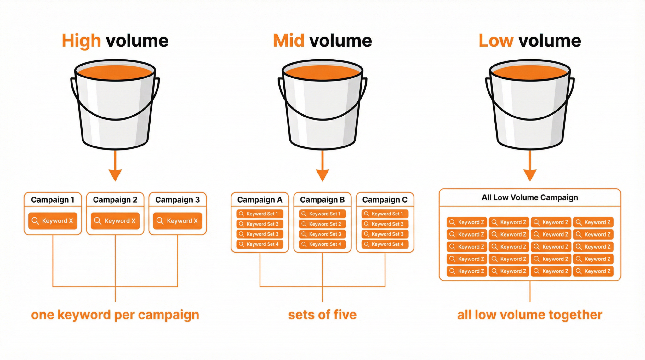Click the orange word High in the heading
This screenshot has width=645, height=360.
pyautogui.click(x=81, y=41)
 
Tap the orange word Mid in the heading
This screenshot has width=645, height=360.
pyautogui.click(x=288, y=41)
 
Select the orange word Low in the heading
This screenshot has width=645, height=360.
pyautogui.click(x=496, y=41)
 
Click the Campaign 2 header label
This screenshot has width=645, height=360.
pyautogui.click(x=115, y=200)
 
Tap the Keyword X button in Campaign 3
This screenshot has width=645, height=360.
pyautogui.click(x=178, y=221)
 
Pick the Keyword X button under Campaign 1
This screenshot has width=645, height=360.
pyautogui.click(x=53, y=221)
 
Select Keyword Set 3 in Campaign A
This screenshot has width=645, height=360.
pyautogui.click(x=260, y=234)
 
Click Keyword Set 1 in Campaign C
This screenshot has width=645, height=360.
pyautogui.click(x=385, y=214)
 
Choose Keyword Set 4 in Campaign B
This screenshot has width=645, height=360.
pyautogui.click(x=322, y=244)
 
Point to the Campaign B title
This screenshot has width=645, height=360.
pyautogui.click(x=322, y=200)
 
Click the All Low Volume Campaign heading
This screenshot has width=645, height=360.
pyautogui.click(x=530, y=197)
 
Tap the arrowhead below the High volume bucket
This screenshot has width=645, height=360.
pyautogui.click(x=115, y=174)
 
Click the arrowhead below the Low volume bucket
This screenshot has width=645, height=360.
pyautogui.click(x=530, y=174)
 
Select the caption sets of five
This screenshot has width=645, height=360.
pyautogui.click(x=322, y=315)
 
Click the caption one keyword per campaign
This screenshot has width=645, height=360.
pyautogui.click(x=115, y=315)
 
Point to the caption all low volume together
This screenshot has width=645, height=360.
pyautogui.click(x=530, y=315)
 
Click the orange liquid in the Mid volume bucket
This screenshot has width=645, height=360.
pyautogui.click(x=322, y=73)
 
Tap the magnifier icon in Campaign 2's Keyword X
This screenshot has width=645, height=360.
pyautogui.click(x=98, y=221)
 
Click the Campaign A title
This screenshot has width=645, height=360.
pyautogui.click(x=260, y=200)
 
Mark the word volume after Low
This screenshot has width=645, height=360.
pyautogui.click(x=550, y=41)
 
